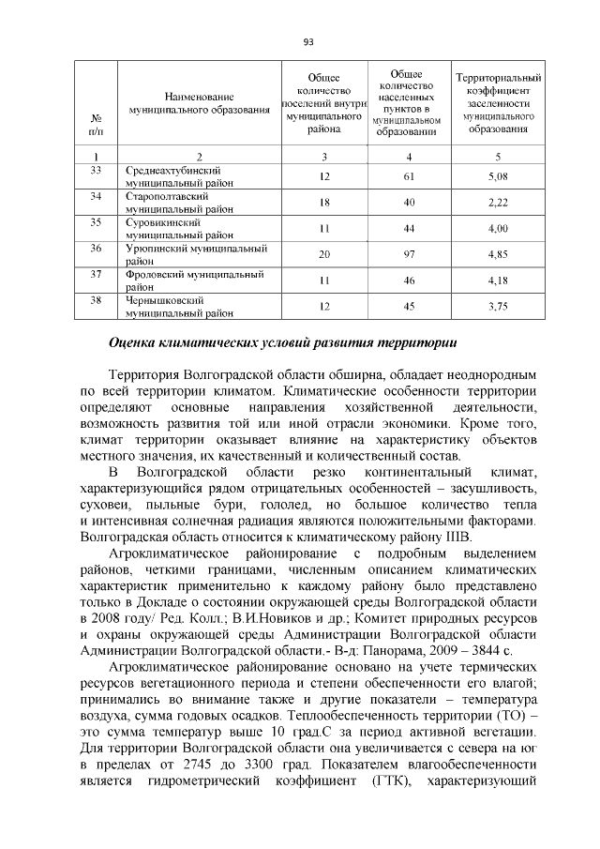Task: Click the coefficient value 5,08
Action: (498, 176)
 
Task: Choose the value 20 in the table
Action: (324, 254)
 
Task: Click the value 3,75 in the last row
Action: (498, 306)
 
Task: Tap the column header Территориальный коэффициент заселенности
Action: (498, 102)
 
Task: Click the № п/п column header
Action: (96, 124)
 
